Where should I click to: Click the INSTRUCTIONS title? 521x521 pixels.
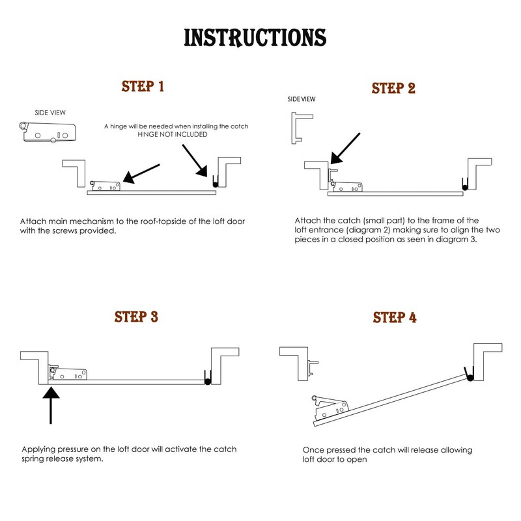255,38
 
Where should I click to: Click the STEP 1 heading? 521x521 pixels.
143,87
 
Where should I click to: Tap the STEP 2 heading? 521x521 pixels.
393,88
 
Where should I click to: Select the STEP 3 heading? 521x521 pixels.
136,317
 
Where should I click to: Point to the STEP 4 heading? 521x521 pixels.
395,318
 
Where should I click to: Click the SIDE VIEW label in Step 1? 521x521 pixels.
50,113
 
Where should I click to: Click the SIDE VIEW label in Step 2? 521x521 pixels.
301,99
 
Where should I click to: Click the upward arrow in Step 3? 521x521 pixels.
51,404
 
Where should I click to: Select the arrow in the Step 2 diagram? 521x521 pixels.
345,148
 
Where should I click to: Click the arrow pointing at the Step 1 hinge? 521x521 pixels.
196,160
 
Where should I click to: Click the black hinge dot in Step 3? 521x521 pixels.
207,382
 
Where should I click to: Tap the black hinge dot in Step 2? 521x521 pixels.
464,188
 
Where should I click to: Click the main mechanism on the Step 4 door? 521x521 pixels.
330,408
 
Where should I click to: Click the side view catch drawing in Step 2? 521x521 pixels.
299,128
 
